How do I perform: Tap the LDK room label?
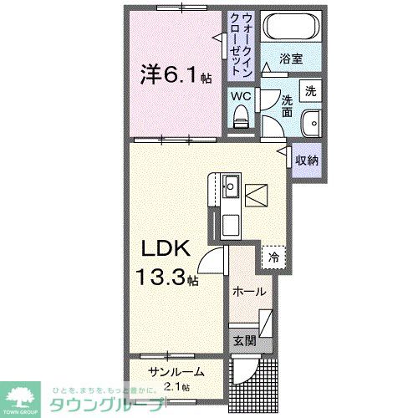[x=162, y=249]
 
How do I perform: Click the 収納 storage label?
[x=306, y=159]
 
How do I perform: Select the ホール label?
[x=249, y=292]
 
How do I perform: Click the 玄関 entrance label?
[x=245, y=340]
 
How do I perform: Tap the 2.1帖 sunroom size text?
[x=176, y=386]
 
